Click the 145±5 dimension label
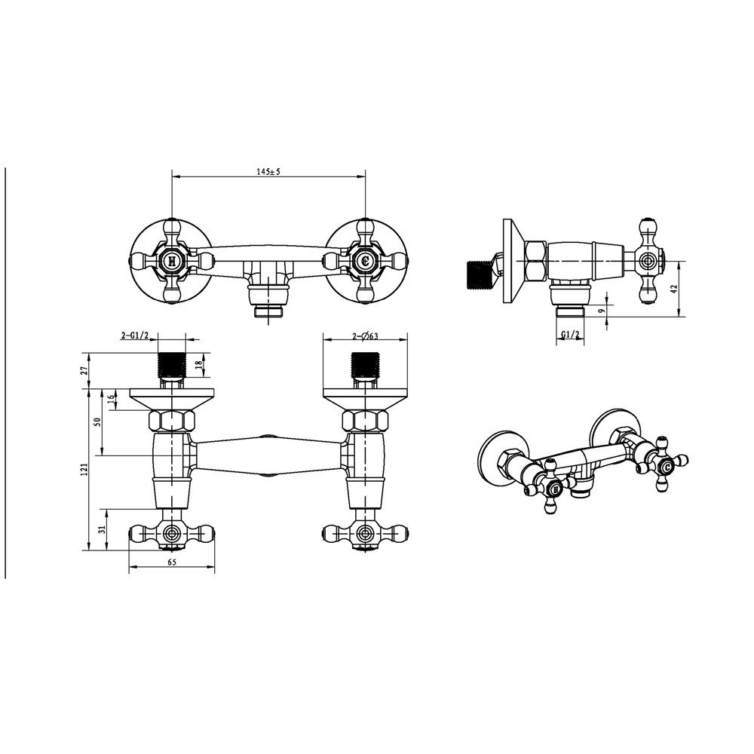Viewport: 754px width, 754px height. tap(268, 172)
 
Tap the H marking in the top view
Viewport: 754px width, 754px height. tap(172, 261)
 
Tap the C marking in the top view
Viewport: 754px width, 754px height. tap(366, 261)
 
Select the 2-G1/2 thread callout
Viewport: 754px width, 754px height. tap(133, 336)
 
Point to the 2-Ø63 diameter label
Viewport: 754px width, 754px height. tap(366, 336)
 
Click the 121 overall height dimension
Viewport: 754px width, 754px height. tap(84, 470)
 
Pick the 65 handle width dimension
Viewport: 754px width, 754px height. tap(172, 562)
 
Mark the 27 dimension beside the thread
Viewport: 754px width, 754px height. tap(84, 371)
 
